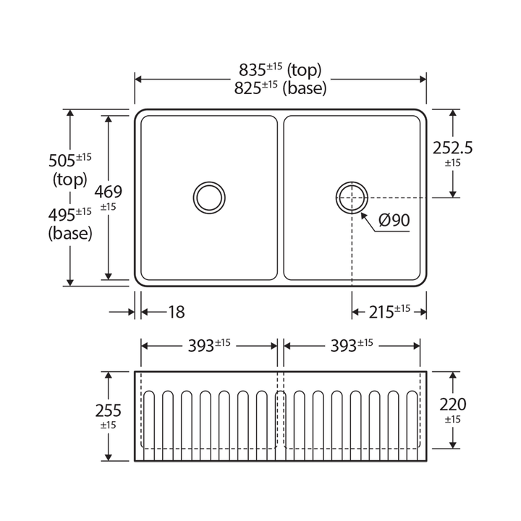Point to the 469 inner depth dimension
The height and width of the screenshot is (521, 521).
[109, 192]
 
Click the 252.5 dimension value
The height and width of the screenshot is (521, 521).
[452, 148]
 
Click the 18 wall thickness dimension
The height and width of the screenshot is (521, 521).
[176, 312]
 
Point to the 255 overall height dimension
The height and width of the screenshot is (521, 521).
[108, 411]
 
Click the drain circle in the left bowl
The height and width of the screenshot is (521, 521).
[209, 197]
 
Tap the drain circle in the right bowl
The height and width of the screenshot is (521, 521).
[352, 197]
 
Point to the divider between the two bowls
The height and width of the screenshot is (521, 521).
[281, 197]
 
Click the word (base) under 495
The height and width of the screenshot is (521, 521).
[69, 233]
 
